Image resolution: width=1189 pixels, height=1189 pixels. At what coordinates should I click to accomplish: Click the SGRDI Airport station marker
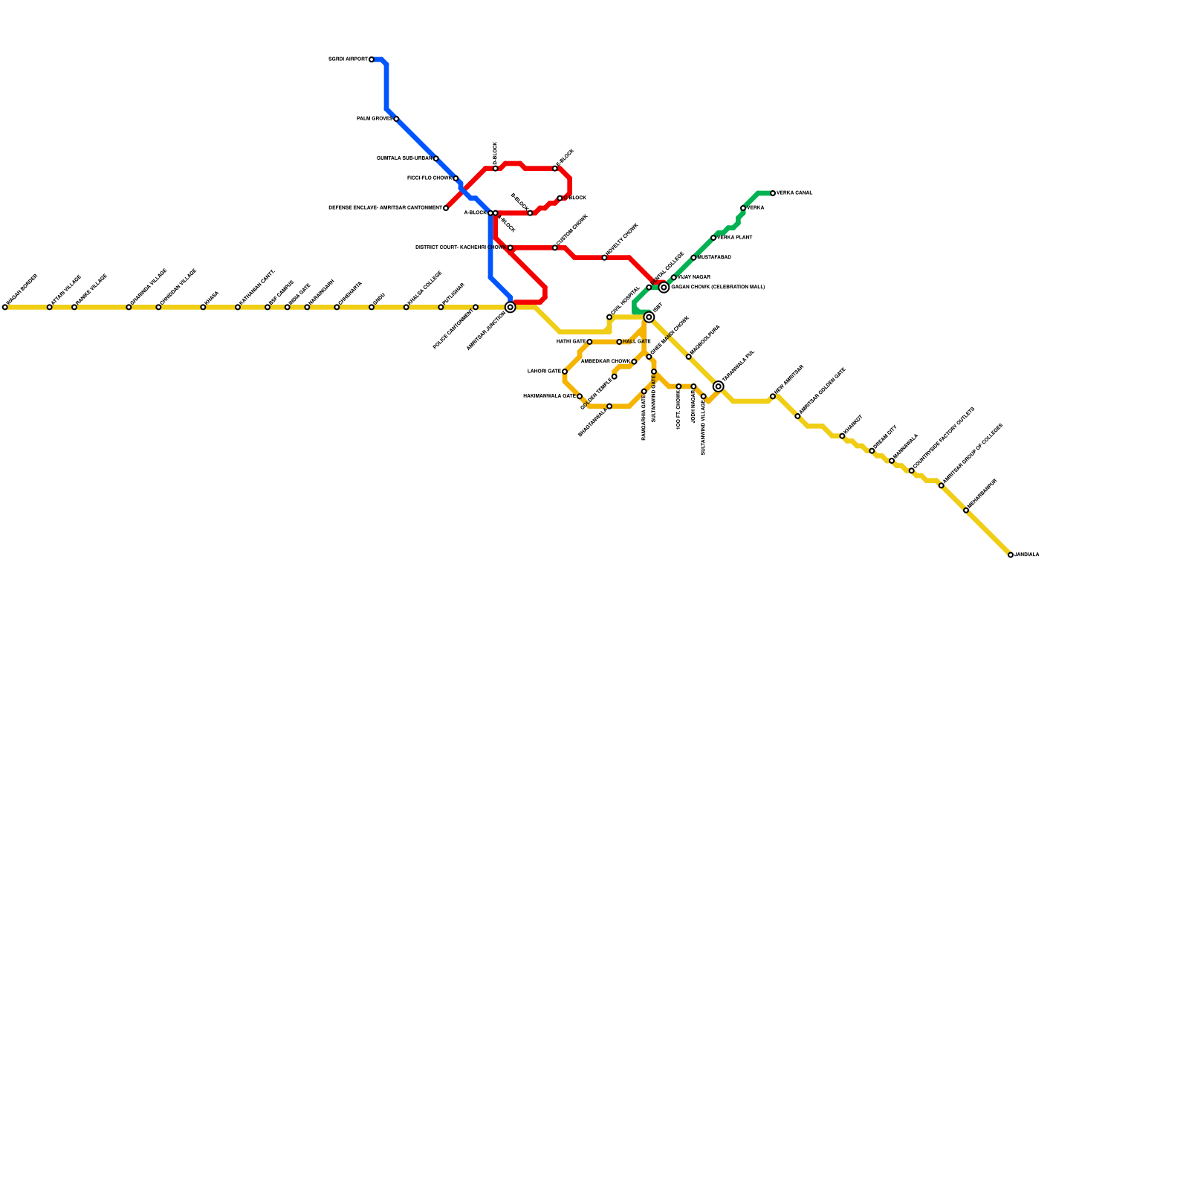point(372,59)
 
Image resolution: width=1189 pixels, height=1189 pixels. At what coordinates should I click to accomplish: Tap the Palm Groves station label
point(374,119)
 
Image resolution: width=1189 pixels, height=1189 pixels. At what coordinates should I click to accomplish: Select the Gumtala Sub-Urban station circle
point(435,158)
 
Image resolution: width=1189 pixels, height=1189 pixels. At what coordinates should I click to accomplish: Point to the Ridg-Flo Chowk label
point(429,178)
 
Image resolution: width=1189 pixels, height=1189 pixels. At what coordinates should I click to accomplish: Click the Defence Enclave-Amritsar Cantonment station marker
point(446,208)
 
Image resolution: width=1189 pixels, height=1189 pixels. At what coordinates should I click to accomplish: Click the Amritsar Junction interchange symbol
point(510,307)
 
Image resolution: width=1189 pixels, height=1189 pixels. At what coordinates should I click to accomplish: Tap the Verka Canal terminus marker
point(773,193)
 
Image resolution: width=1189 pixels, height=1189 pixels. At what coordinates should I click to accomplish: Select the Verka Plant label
point(735,238)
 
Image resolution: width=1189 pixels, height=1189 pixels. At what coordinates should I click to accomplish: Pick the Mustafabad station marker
point(693,258)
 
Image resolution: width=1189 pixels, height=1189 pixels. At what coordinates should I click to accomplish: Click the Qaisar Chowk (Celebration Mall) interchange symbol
point(664,287)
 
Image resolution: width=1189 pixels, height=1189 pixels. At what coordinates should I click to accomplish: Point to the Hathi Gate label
point(571,342)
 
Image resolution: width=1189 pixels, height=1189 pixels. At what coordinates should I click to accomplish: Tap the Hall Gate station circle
point(619,342)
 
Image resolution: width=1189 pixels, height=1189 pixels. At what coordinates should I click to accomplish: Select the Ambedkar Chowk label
point(605,362)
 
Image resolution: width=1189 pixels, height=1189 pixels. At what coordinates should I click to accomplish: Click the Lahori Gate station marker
point(565,372)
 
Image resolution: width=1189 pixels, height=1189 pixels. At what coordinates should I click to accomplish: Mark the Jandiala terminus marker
point(1011,555)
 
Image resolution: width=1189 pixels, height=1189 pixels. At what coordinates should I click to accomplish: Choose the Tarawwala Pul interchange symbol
point(718,386)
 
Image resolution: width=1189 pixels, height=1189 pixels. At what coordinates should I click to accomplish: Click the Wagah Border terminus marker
point(5,307)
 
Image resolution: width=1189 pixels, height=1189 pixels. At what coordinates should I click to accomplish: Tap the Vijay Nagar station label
point(694,277)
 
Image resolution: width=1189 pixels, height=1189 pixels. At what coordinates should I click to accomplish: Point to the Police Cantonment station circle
point(476,307)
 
